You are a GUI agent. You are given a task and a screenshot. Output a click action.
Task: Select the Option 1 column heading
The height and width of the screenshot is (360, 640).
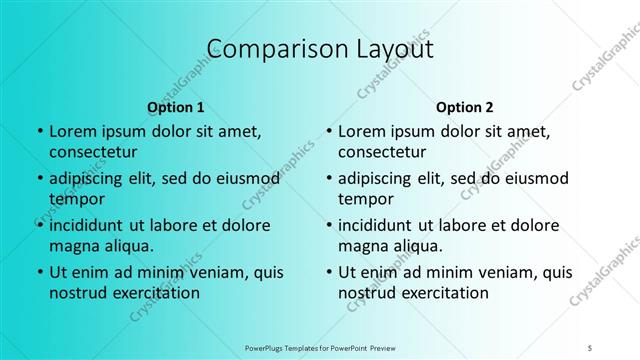click(176, 106)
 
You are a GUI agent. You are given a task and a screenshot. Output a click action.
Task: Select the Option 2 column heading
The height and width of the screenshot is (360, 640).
click(465, 106)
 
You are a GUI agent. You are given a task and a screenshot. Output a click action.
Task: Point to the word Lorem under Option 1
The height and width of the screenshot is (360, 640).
click(73, 131)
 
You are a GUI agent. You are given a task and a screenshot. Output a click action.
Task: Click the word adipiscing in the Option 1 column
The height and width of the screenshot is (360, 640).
click(91, 178)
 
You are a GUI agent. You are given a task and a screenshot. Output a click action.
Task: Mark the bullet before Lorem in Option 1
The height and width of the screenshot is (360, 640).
click(38, 132)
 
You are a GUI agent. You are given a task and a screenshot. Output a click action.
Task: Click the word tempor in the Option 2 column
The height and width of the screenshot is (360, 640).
click(366, 199)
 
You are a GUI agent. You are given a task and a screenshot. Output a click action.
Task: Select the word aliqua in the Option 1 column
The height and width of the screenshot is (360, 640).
click(127, 246)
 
